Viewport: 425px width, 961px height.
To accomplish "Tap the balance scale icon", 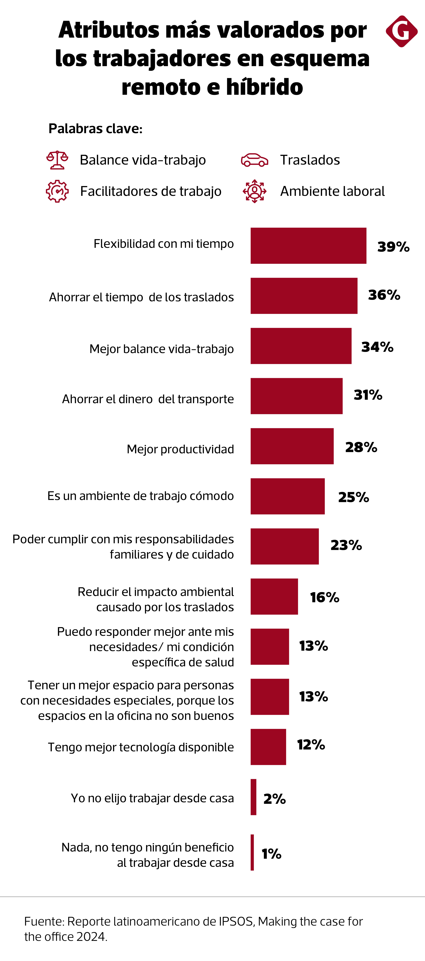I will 57,160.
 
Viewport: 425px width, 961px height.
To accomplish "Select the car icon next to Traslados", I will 254,160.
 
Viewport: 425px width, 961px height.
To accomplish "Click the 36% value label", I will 384,295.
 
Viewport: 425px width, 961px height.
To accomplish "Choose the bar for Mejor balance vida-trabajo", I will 301,346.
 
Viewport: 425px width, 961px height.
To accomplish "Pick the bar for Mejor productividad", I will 292,446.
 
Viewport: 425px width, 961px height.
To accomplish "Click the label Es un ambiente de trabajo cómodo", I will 140,496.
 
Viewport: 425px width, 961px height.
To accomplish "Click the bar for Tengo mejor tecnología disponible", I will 268,747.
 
